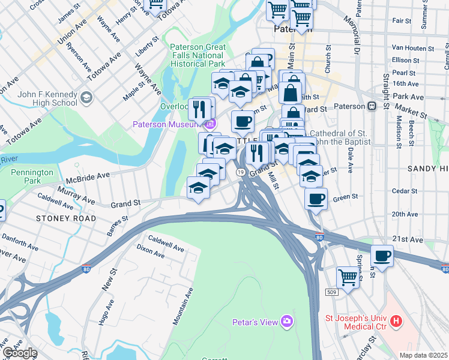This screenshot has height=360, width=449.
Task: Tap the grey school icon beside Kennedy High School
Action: click(x=87, y=97)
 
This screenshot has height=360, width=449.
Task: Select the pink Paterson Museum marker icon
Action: click(x=209, y=124)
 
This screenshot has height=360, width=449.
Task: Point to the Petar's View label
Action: click(x=256, y=322)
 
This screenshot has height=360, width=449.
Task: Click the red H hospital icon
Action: click(x=396, y=322)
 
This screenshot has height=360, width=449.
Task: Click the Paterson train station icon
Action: click(x=372, y=106)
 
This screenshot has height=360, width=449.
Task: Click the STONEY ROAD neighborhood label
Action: click(x=65, y=218)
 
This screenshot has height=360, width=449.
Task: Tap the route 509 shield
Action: click(x=333, y=291)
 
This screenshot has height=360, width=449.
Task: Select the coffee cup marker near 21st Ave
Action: click(x=382, y=256)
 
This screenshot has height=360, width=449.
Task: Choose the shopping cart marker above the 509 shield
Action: click(x=348, y=277)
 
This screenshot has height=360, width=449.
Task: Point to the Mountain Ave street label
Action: click(x=182, y=306)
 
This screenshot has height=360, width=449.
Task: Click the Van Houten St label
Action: click(x=412, y=48)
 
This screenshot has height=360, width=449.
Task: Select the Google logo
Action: click(x=19, y=353)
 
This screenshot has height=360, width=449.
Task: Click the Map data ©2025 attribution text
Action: click(x=424, y=355)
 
